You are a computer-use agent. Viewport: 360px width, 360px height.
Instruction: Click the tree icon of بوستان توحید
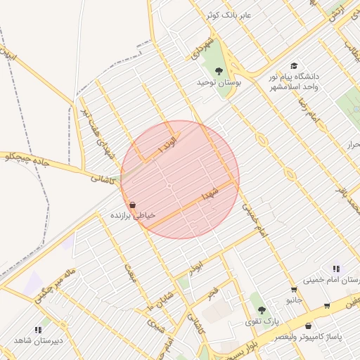pos(218,70)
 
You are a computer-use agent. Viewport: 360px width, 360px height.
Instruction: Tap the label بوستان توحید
pos(218,83)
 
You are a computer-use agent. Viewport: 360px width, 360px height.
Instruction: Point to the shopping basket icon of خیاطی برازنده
pos(132,205)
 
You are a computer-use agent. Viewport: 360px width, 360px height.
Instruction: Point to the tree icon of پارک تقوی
pos(262,310)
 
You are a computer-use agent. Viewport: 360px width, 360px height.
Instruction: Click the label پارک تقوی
pos(262,322)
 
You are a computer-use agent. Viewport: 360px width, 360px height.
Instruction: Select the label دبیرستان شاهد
pos(39,341)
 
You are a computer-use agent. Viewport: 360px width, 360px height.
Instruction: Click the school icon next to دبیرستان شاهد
pos(38,329)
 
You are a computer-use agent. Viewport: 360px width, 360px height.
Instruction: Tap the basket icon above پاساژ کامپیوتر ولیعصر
pos(309,326)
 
